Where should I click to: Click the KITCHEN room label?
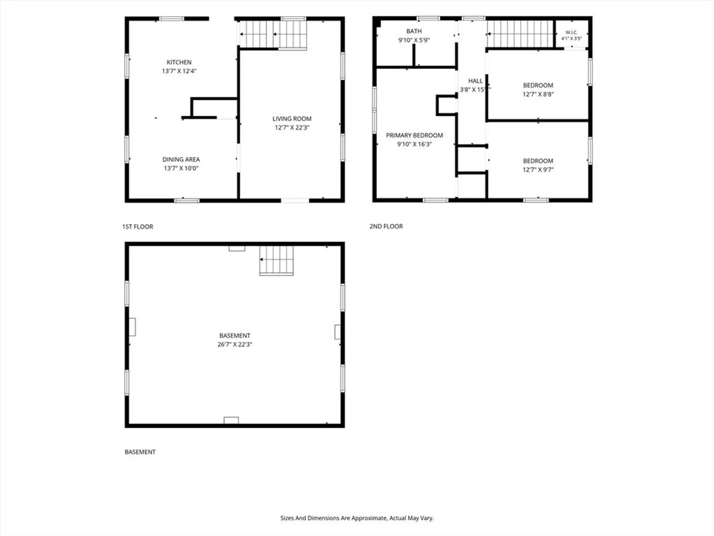[179, 62]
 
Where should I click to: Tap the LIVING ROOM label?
[292, 119]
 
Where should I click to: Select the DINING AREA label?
[181, 159]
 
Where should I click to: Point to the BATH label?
[414, 31]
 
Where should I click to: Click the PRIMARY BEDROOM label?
[414, 135]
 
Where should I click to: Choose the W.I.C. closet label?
[571, 32]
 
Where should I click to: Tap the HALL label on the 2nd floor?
[475, 81]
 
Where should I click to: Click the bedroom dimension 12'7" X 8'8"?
[538, 94]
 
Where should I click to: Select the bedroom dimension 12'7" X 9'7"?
[538, 170]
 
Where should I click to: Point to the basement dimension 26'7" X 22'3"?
[235, 344]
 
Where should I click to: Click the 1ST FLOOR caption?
[138, 226]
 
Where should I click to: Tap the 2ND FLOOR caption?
[386, 226]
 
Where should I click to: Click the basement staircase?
[277, 261]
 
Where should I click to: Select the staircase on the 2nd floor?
[520, 34]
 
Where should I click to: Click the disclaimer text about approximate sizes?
[357, 518]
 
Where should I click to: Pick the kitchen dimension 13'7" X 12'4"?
[179, 71]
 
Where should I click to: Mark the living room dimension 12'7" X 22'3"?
[292, 128]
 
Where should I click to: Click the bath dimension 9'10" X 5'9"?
[414, 40]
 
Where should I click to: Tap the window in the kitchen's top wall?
[172, 19]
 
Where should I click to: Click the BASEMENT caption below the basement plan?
[140, 452]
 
